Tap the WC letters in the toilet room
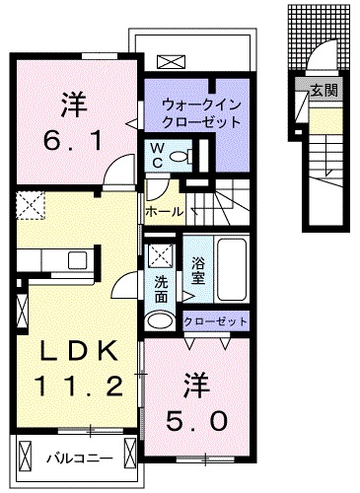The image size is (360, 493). [157, 155]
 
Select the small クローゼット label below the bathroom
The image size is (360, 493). [216, 322]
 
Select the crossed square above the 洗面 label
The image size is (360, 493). [159, 256]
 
